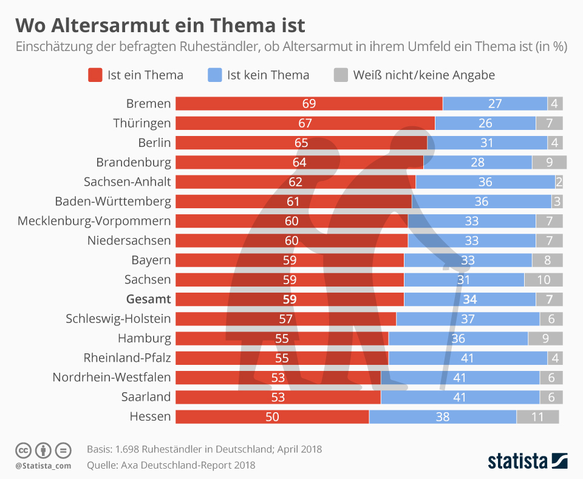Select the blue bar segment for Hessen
click(x=442, y=417)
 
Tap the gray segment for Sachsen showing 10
click(x=544, y=280)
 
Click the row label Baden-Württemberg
click(x=113, y=202)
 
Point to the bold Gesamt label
click(x=148, y=299)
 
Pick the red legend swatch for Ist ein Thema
click(x=95, y=75)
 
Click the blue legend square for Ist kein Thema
click(x=214, y=75)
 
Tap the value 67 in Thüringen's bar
click(x=305, y=123)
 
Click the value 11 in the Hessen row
click(x=537, y=417)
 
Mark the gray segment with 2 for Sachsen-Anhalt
click(x=559, y=182)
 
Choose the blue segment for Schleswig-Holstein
click(x=468, y=319)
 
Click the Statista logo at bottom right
click(x=527, y=460)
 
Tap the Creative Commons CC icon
click(x=23, y=450)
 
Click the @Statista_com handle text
click(x=43, y=466)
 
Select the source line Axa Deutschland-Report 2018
click(x=171, y=465)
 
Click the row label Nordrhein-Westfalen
click(x=112, y=378)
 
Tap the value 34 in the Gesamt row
click(x=469, y=299)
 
